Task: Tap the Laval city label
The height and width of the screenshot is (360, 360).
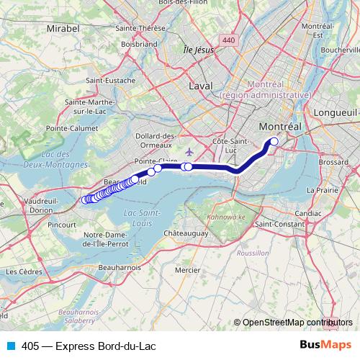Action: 202,85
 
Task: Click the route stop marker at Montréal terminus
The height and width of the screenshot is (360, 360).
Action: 274,142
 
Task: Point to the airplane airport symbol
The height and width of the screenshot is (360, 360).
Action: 189,152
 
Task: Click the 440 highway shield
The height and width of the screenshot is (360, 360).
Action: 228,41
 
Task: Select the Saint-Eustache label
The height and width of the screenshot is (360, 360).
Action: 110,81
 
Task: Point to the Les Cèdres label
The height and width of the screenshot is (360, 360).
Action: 22,271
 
